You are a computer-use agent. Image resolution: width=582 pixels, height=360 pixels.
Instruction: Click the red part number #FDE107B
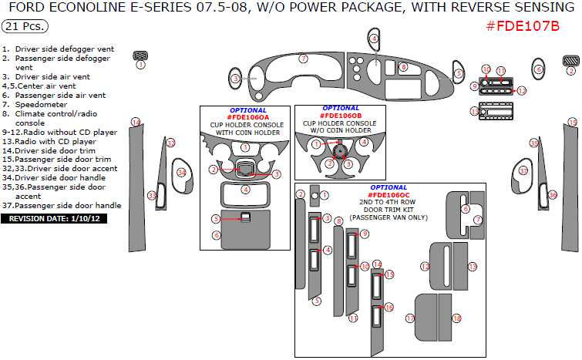pyautogui.click(x=523, y=26)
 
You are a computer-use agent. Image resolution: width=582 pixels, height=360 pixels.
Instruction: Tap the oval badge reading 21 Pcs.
pyautogui.click(x=25, y=26)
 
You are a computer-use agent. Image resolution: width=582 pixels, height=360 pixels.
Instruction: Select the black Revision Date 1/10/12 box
pyautogui.click(x=54, y=219)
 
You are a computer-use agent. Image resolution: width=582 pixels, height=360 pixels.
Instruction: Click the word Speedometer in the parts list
pyautogui.click(x=41, y=105)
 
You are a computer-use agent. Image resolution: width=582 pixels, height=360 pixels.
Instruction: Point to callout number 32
pyautogui.click(x=170, y=143)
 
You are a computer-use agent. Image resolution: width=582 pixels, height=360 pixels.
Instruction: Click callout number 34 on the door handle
pyautogui.click(x=181, y=173)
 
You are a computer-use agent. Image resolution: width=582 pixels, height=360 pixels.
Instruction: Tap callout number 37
pyautogui.click(x=523, y=171)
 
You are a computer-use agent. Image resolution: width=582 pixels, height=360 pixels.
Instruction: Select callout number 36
pyautogui.click(x=553, y=195)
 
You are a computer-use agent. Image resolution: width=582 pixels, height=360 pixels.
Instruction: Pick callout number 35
pyautogui.click(x=533, y=143)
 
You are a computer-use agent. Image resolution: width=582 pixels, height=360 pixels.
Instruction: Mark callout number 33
pyautogui.click(x=152, y=196)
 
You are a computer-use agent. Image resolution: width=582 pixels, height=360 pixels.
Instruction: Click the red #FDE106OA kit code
pyautogui.click(x=248, y=117)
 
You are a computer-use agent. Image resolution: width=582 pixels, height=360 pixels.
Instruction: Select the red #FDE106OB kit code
pyautogui.click(x=341, y=116)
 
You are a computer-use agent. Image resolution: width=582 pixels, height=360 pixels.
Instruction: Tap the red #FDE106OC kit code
pyautogui.click(x=389, y=195)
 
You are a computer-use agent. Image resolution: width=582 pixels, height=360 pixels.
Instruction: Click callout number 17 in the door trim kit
pyautogui.click(x=410, y=318)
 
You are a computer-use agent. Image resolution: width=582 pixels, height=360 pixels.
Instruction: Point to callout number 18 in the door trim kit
pyautogui.click(x=456, y=318)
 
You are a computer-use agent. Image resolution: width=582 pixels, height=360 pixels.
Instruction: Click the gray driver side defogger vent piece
pyautogui.click(x=140, y=56)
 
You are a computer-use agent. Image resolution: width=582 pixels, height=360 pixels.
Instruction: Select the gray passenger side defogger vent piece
pyautogui.click(x=571, y=60)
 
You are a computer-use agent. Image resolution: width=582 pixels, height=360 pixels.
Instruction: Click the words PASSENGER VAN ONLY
pyautogui.click(x=389, y=217)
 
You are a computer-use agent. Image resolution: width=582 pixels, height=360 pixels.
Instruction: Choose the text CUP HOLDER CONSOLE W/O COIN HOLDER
pyautogui.click(x=340, y=126)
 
